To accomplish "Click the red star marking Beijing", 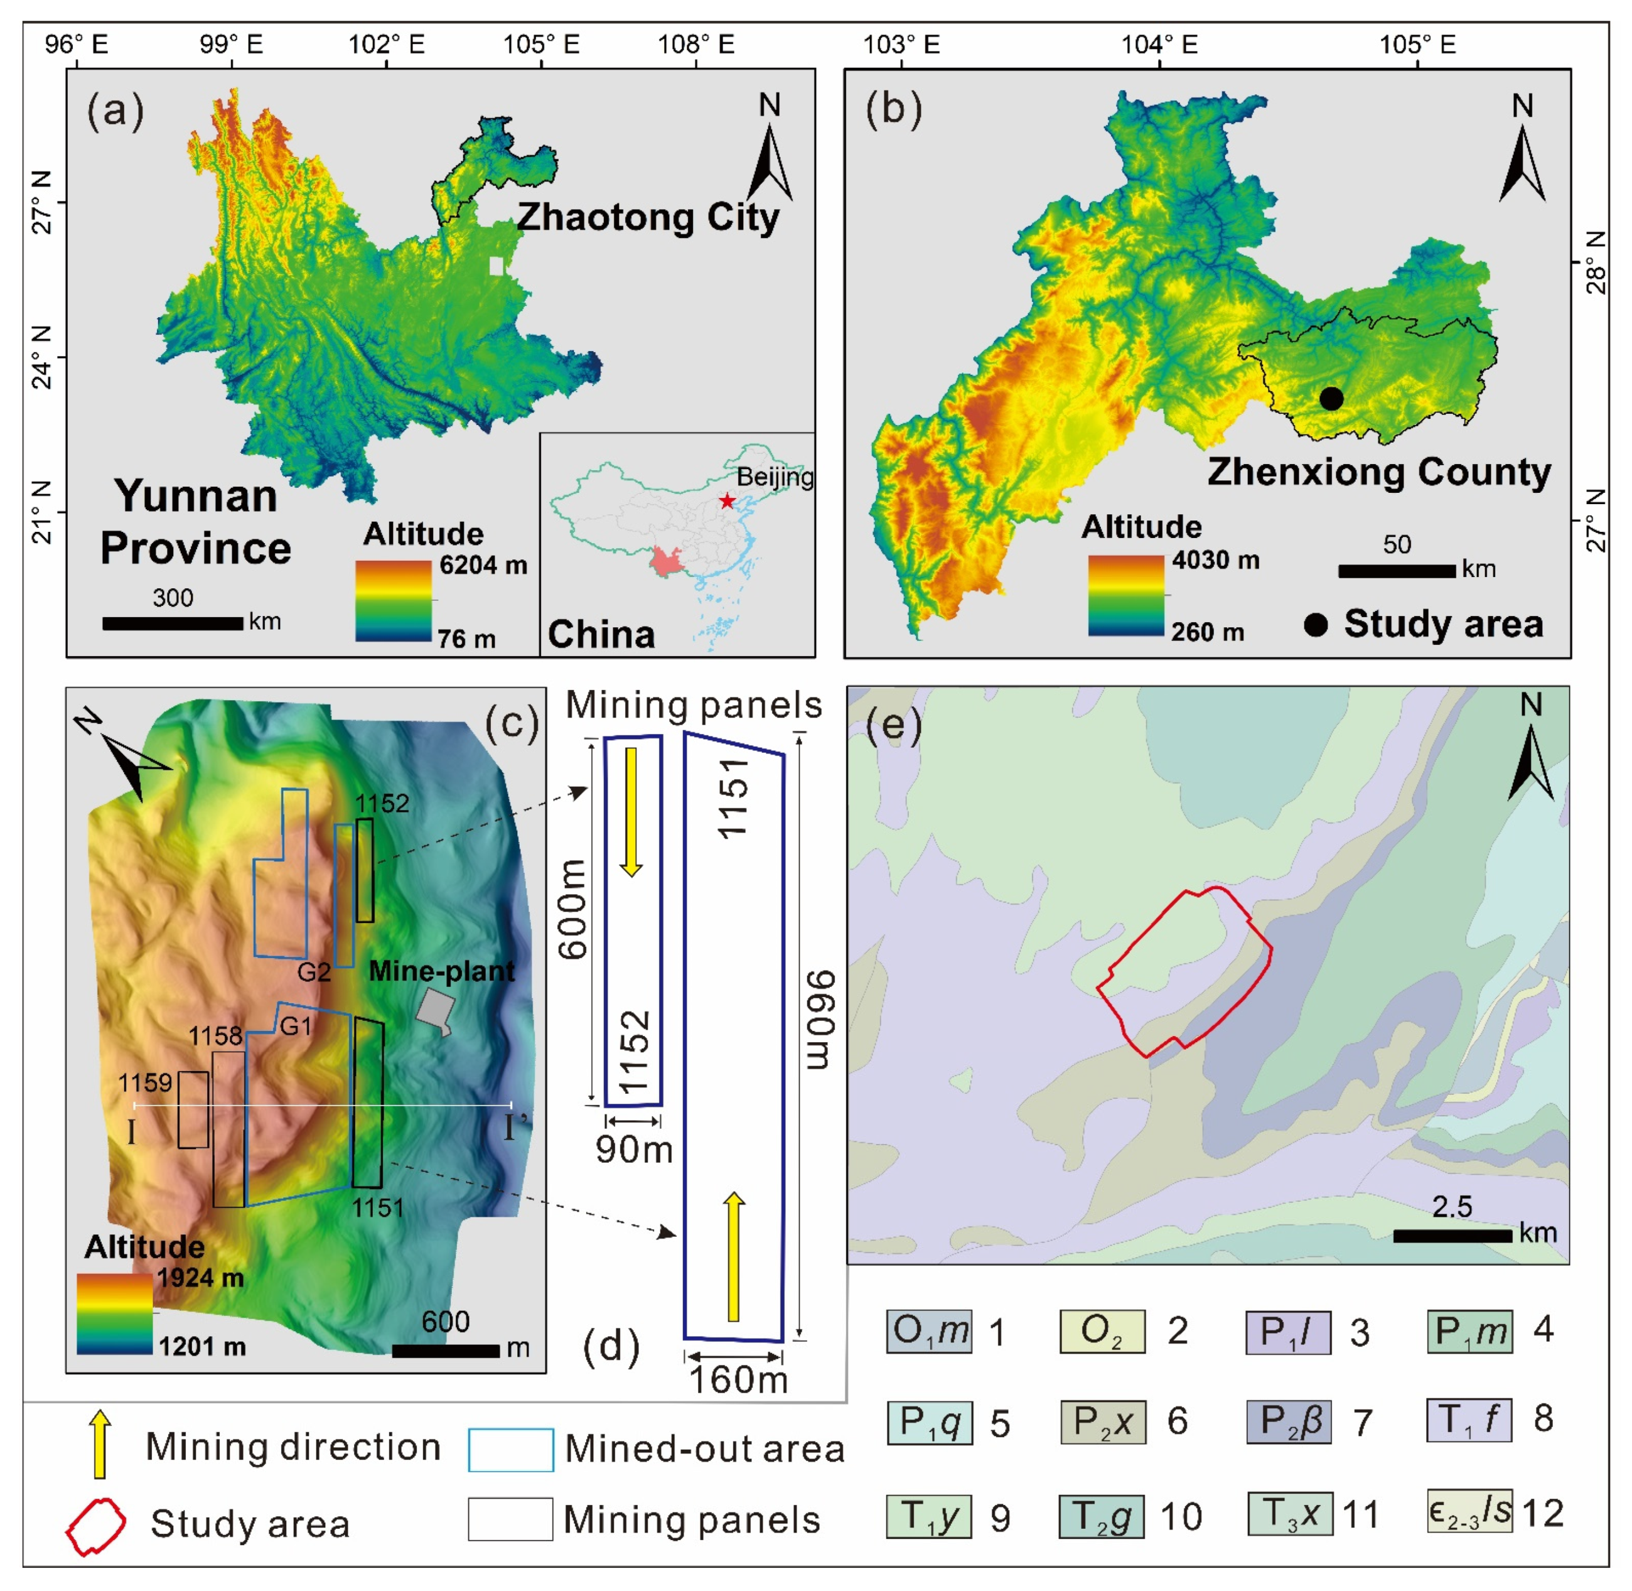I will click(727, 500).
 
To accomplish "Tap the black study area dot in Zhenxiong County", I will click(1331, 399).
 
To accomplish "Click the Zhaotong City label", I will click(648, 217).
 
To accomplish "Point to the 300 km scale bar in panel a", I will click(172, 623).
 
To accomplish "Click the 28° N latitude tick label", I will click(1594, 262).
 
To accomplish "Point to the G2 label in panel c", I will click(314, 972).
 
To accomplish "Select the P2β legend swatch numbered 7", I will click(1289, 1422).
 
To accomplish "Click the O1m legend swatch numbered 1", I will click(930, 1331).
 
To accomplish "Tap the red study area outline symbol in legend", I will click(95, 1526).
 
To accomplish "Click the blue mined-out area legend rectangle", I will click(510, 1450).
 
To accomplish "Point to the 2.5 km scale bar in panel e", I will click(1452, 1236).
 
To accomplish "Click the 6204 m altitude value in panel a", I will click(483, 566).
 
